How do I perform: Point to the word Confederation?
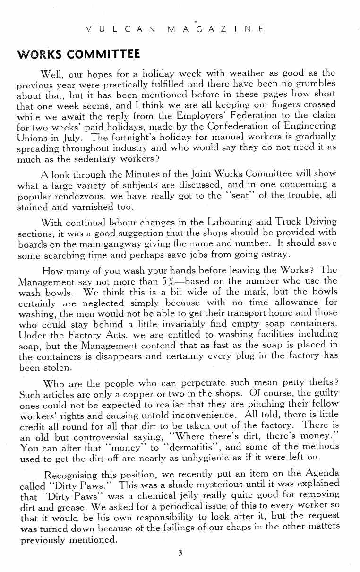click(x=222, y=126)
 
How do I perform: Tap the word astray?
click(x=271, y=254)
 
